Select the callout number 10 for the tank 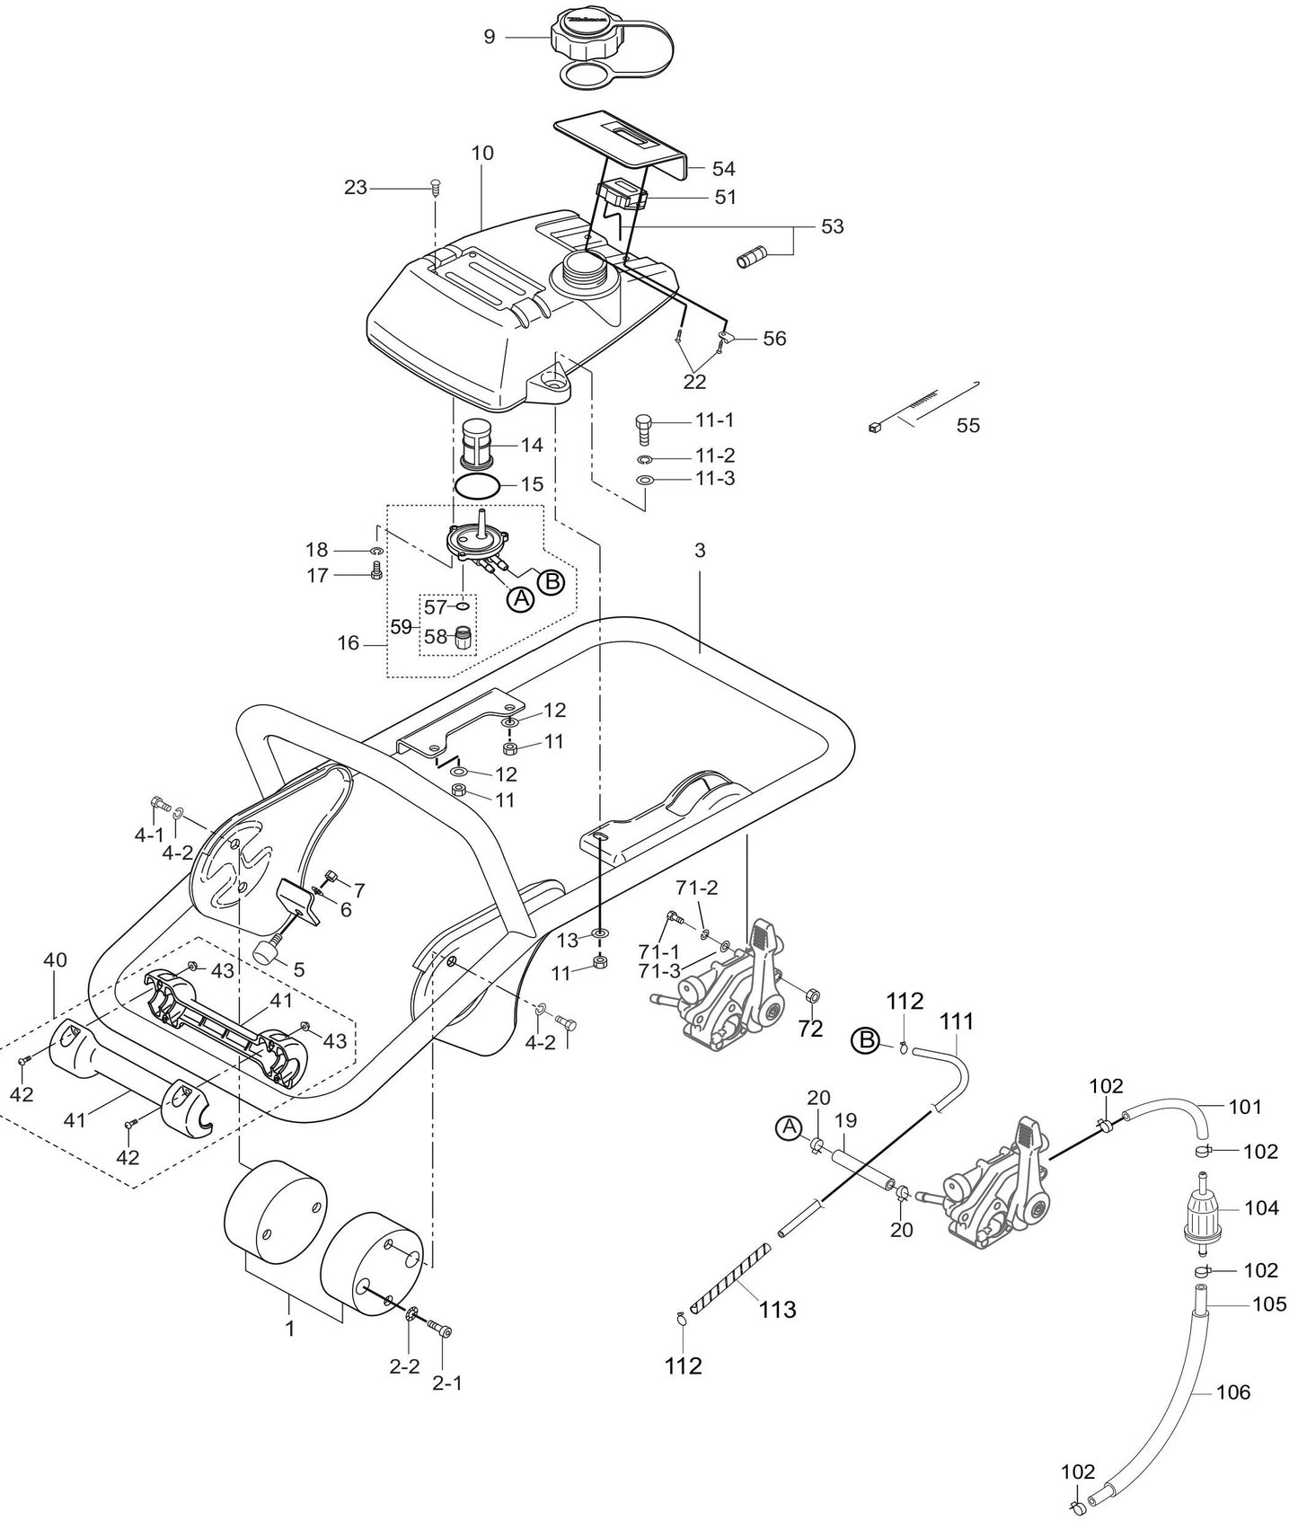click(x=482, y=153)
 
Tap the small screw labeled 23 click(x=435, y=187)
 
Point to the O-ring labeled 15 click(x=477, y=486)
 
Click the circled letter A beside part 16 click(x=519, y=599)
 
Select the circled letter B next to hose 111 click(x=865, y=1040)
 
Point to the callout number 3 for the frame click(x=700, y=552)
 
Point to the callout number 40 click(x=55, y=960)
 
